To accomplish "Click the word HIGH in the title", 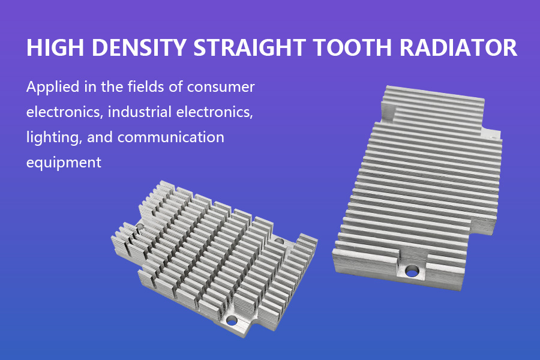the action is [55, 47].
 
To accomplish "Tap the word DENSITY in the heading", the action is [139, 47].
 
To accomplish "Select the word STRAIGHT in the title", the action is [250, 47].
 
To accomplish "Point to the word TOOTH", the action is [353, 47].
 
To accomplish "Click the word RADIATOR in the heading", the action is [458, 47].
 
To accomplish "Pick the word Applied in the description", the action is [53, 87].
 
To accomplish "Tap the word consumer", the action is [221, 88].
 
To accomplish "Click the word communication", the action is [171, 137].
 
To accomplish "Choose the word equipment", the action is [64, 163].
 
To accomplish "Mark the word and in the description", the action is [100, 137].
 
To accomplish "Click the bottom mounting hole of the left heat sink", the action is [232, 322].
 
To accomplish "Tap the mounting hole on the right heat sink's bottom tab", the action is [411, 272].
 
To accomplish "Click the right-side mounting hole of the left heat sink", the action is [279, 240].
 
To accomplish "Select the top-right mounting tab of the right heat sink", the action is [491, 134].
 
